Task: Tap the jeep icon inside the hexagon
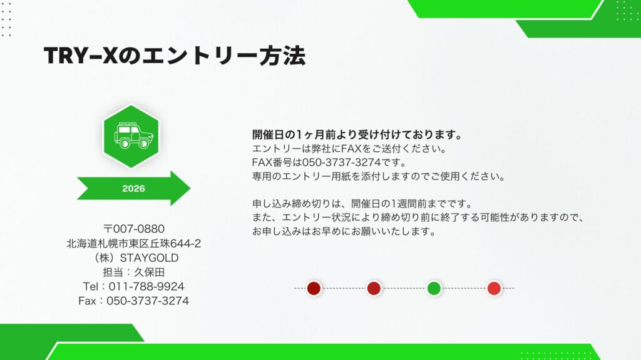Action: (x=133, y=135)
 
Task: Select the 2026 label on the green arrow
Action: (x=133, y=188)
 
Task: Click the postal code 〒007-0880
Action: (x=133, y=229)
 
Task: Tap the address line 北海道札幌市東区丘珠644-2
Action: (x=133, y=243)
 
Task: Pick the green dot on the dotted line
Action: (x=434, y=288)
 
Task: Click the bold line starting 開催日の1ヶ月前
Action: (x=357, y=134)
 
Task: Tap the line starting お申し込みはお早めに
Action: (x=343, y=231)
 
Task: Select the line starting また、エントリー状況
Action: (x=418, y=217)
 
